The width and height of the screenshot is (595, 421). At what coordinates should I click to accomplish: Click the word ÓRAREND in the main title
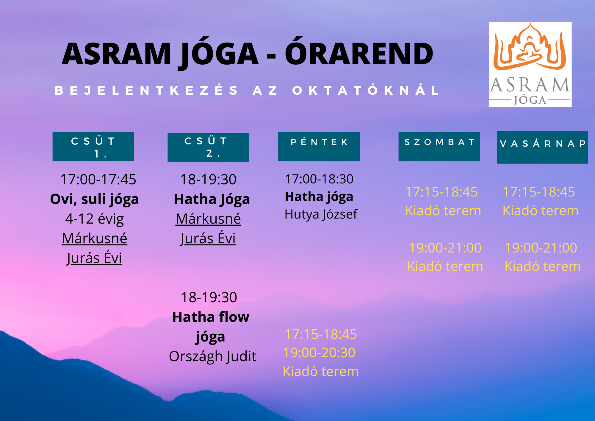click(x=359, y=54)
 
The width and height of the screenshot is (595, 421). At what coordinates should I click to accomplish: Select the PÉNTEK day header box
click(x=319, y=146)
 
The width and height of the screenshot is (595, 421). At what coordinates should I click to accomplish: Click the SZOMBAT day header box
click(x=439, y=146)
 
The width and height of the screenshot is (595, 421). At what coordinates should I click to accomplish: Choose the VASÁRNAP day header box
click(x=542, y=147)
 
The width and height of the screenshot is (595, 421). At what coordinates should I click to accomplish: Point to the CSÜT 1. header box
click(x=93, y=147)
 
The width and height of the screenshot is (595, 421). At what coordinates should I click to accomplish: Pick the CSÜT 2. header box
click(x=208, y=147)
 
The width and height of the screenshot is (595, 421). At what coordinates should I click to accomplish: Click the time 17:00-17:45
click(x=98, y=180)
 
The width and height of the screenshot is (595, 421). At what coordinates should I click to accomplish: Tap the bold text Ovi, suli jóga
click(x=95, y=199)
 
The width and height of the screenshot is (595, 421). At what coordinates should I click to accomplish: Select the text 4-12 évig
click(x=95, y=219)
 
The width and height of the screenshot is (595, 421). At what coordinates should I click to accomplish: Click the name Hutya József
click(x=321, y=214)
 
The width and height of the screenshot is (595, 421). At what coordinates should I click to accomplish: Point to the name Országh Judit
click(x=212, y=356)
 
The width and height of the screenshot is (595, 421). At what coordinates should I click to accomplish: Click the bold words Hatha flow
click(x=211, y=317)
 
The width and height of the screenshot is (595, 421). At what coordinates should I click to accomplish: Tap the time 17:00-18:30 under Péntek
click(x=319, y=179)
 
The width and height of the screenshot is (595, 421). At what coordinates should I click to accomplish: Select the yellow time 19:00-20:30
click(x=319, y=353)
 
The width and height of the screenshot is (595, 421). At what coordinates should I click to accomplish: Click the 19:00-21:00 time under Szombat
click(x=445, y=248)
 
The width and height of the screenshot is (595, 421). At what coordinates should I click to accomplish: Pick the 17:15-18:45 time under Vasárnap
click(x=539, y=192)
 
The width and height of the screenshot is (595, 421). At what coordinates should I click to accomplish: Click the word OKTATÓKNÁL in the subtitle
click(x=366, y=90)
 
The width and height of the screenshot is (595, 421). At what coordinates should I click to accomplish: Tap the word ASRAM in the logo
click(x=530, y=85)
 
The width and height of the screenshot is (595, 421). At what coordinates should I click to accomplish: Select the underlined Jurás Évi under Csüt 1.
click(x=94, y=258)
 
